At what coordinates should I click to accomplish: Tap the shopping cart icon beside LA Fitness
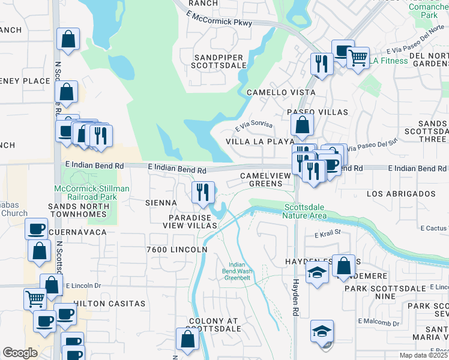(358, 58)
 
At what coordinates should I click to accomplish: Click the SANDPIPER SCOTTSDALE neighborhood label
(219, 61)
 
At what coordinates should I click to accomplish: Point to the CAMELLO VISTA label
(281, 92)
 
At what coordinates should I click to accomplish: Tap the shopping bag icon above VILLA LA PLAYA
(302, 125)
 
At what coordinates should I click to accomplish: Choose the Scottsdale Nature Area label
(305, 211)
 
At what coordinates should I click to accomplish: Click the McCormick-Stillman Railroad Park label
(91, 193)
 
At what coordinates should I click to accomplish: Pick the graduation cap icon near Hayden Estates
(317, 272)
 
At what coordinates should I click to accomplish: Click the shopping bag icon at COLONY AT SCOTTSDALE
(188, 340)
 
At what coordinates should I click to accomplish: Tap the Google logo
(20, 353)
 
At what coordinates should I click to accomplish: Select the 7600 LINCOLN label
(176, 250)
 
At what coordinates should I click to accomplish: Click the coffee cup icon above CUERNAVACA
(36, 229)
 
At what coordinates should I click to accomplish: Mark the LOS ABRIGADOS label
(400, 194)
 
